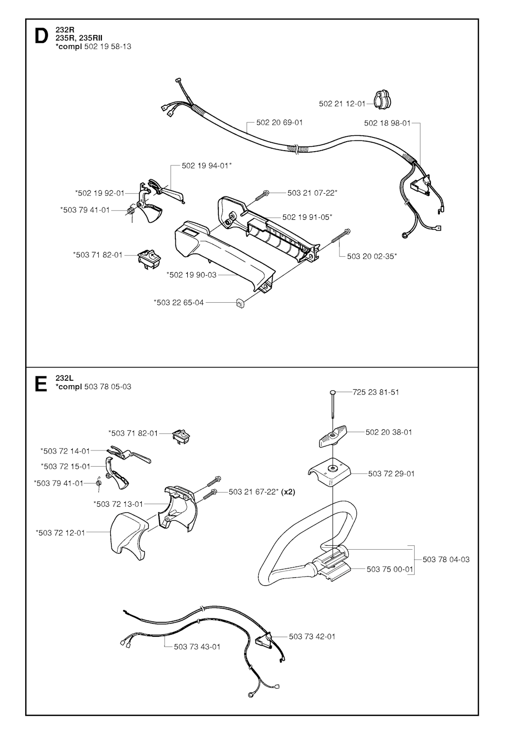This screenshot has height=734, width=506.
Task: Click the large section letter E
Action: [41, 383]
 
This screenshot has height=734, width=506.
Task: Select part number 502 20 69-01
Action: [279, 122]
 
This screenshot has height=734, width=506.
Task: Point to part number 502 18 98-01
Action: [387, 123]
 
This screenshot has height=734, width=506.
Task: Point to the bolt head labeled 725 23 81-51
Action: [334, 392]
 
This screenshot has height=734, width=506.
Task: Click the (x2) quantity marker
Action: [288, 491]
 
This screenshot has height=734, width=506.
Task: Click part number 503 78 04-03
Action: [446, 559]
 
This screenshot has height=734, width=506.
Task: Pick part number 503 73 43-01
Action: [197, 646]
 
